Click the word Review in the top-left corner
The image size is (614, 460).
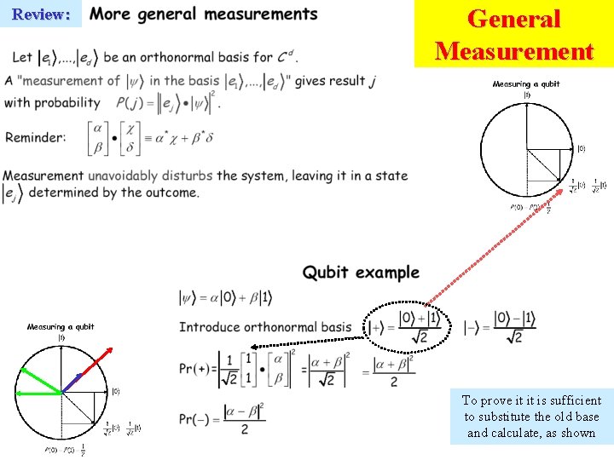click(41, 14)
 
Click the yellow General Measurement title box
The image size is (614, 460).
click(513, 34)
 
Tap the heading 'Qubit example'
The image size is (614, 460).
click(361, 273)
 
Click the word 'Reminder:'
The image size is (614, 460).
click(35, 137)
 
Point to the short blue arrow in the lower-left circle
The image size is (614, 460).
click(73, 382)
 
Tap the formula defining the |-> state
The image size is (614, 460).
click(501, 328)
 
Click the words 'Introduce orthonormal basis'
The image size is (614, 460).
click(264, 327)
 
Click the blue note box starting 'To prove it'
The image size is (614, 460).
click(531, 416)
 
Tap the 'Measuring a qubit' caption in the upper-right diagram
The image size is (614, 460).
click(526, 84)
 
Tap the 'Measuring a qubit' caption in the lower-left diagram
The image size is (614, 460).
click(61, 326)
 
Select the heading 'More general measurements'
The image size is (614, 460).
click(203, 14)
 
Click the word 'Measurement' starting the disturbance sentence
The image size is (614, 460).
click(43, 175)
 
